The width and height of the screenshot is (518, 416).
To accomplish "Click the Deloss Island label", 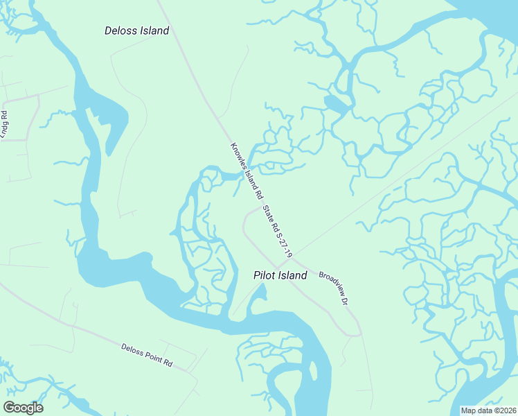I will point(136,31).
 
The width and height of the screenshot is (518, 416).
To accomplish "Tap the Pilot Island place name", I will point(279,275).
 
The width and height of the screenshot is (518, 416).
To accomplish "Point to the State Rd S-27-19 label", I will point(278,232).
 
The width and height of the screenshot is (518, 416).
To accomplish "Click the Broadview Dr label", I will point(333,285).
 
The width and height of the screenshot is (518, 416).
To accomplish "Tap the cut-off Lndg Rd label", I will point(4,125).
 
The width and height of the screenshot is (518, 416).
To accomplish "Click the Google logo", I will point(23,407).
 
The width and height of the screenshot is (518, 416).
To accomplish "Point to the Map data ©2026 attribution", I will point(489,410).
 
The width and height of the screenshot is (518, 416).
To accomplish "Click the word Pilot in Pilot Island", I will point(263,275).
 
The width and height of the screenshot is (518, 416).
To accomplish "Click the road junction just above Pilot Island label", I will point(276,266).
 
